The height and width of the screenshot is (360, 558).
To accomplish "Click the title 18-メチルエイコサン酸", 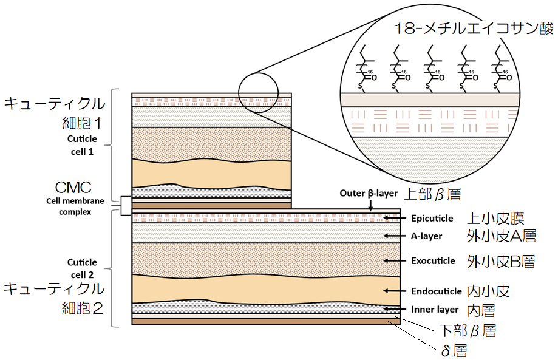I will (x=473, y=29).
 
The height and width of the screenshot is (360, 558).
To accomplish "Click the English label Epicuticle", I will (x=433, y=218).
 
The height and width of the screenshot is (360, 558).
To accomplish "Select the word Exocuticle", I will (x=433, y=261).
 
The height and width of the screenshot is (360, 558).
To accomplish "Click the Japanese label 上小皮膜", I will (x=495, y=217).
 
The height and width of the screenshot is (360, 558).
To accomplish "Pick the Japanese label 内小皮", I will (x=488, y=291).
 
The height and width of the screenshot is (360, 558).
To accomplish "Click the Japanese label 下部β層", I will (x=468, y=331).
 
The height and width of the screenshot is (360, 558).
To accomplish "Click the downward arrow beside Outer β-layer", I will (x=371, y=207).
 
